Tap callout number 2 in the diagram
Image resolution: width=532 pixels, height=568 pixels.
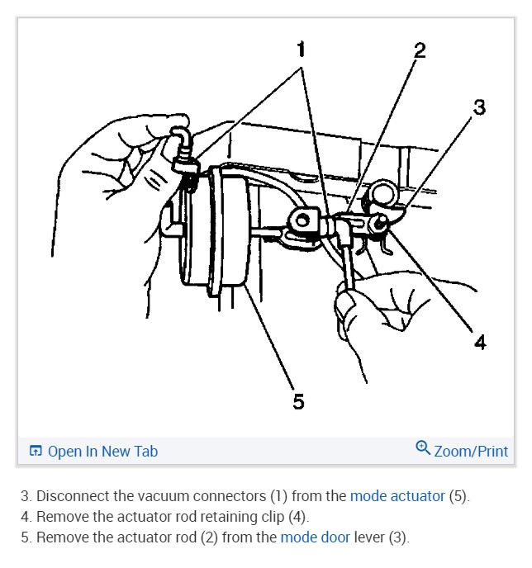tap(420, 50)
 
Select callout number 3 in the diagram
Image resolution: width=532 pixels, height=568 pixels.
tap(479, 107)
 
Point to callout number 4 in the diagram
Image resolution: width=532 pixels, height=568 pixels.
tap(480, 341)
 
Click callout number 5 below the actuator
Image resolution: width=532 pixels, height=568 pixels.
tap(298, 401)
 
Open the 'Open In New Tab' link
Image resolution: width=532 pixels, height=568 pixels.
tap(102, 451)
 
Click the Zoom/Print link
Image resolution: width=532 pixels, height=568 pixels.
tap(471, 451)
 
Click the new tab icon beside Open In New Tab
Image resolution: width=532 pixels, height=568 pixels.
tap(36, 451)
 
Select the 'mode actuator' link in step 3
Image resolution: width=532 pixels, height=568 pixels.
tap(397, 496)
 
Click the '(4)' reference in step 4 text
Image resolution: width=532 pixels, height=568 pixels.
tap(295, 517)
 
